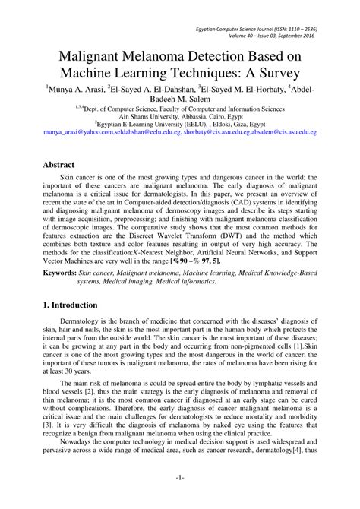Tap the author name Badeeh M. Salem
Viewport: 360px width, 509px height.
(179, 99)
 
